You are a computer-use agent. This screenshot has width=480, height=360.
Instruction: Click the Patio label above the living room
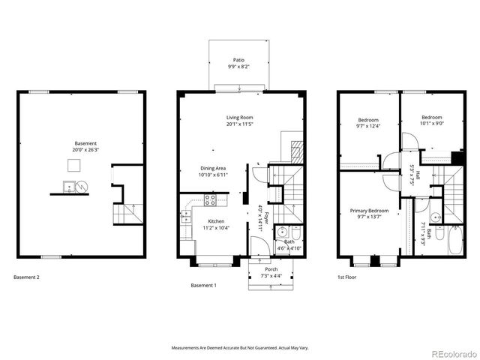[x=238, y=60]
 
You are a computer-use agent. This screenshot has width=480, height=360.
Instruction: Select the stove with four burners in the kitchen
[x=211, y=200]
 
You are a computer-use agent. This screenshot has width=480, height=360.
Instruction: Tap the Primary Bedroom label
[x=369, y=211]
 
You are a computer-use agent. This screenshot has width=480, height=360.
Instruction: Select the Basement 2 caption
[x=27, y=277]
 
